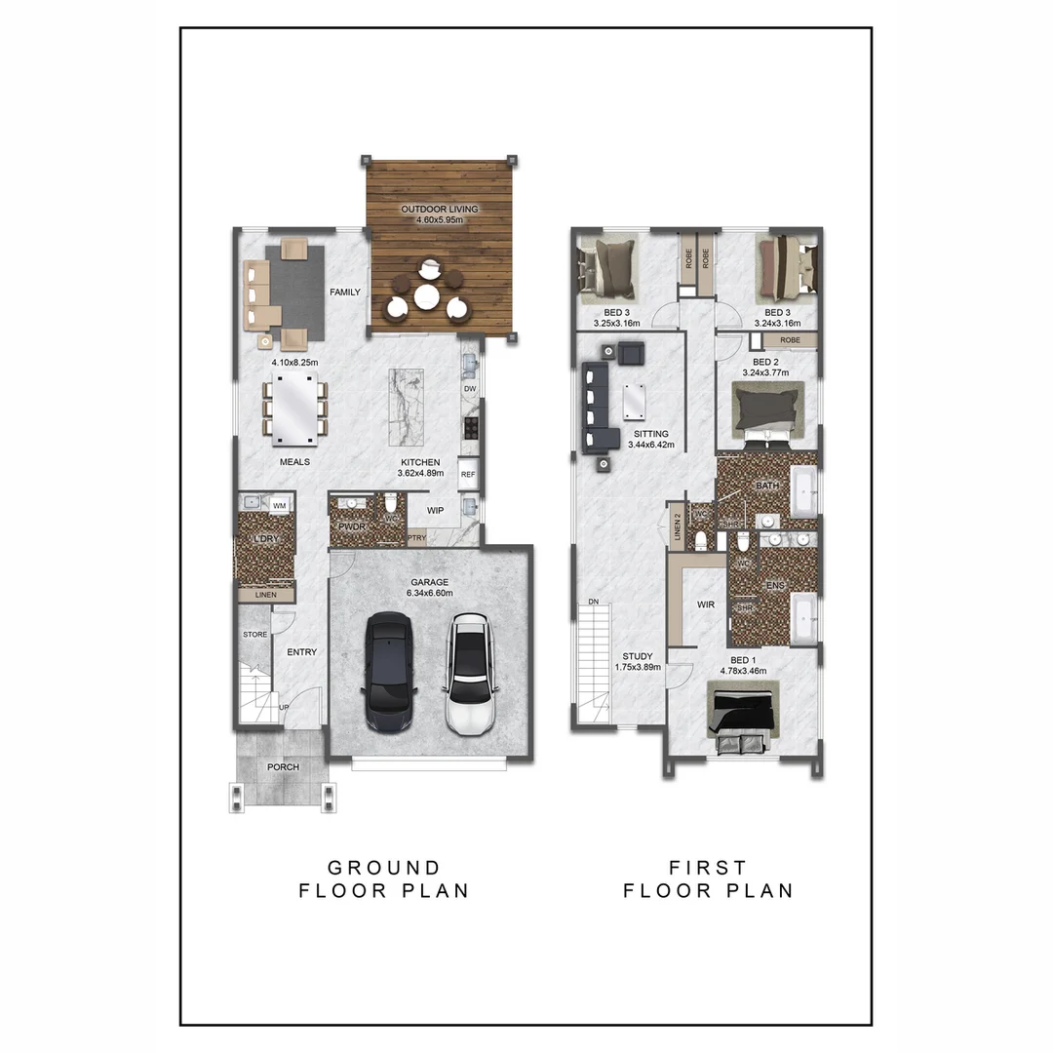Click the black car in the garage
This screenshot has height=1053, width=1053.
coord(391,673)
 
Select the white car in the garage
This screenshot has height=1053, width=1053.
coord(470,673)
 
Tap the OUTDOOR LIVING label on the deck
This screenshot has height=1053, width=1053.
coord(429,210)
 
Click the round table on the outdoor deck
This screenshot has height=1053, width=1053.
coord(427,295)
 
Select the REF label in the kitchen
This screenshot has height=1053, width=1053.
coord(468,475)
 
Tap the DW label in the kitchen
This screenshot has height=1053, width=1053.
coord(470,389)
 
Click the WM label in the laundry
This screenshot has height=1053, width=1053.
coord(280,505)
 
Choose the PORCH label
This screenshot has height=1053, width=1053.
coord(284,767)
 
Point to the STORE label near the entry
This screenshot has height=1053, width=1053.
coord(254,635)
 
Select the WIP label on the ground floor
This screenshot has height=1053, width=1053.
coord(434,510)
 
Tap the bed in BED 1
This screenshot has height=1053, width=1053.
coord(743,712)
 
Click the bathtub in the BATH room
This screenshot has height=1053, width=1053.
coord(804,492)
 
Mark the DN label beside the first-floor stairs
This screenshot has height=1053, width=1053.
coord(592,601)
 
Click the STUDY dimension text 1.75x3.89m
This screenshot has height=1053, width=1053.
coord(639,668)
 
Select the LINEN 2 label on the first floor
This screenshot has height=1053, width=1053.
coord(678,529)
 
